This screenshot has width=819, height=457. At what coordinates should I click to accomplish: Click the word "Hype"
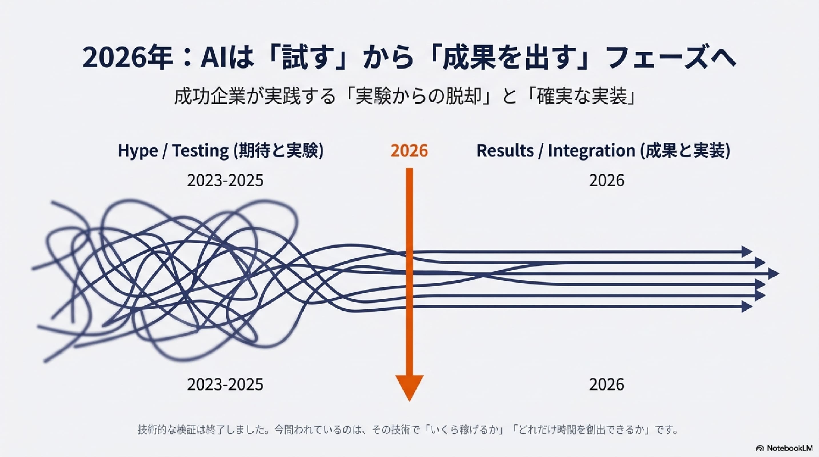[x=138, y=151]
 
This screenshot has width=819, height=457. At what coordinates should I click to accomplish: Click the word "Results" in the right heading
[x=505, y=150]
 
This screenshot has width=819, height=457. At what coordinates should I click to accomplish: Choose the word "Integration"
[x=591, y=151]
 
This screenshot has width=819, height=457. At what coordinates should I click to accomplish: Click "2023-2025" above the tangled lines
[x=225, y=181]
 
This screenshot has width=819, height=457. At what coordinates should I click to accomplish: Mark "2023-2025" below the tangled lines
[x=225, y=384]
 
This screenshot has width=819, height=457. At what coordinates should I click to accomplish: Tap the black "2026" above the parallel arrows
[x=607, y=181]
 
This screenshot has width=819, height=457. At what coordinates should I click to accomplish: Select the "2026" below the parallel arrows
[x=607, y=384]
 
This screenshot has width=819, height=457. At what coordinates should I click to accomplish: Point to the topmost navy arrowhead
[x=747, y=252]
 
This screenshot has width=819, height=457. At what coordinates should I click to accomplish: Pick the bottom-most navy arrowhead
[x=747, y=307]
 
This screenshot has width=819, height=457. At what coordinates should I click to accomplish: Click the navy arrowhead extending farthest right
[x=774, y=274]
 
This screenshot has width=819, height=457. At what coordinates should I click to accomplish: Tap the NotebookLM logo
[x=784, y=448]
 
